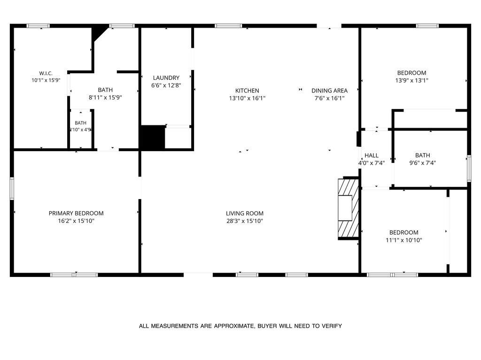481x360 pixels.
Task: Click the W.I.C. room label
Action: (46, 73)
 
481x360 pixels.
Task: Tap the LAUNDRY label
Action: (166, 78)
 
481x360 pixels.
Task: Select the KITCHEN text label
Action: (247, 91)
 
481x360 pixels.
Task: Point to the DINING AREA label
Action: (329, 91)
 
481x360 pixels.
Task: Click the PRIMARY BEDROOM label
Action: (76, 214)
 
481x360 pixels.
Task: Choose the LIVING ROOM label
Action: (245, 214)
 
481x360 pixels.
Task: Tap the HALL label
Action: (372, 155)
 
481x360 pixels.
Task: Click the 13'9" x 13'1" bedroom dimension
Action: (411, 81)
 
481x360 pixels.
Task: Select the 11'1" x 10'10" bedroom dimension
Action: (403, 240)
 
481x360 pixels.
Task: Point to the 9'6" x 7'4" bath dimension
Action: (422, 163)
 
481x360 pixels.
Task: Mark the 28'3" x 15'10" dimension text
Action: (245, 221)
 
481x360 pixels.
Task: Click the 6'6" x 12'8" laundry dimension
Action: (166, 85)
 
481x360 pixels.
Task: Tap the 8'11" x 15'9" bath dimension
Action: (105, 98)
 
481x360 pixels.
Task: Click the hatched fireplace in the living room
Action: (349, 208)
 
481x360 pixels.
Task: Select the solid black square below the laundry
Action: (153, 138)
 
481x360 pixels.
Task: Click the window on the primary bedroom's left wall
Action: (12, 188)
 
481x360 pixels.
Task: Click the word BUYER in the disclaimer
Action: (267, 326)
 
